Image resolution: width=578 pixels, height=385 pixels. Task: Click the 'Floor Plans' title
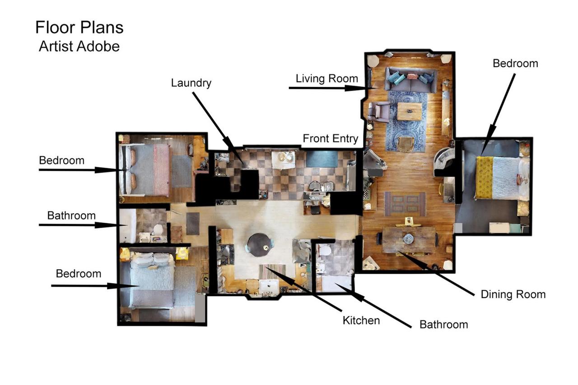tap(79, 27)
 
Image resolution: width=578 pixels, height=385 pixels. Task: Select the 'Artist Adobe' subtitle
tap(79, 46)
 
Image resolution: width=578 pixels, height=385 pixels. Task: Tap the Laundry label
tap(191, 83)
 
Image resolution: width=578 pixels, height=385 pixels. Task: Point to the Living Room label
tap(327, 78)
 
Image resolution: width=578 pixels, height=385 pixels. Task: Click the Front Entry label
tap(331, 138)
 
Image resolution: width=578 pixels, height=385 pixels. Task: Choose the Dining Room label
tap(513, 294)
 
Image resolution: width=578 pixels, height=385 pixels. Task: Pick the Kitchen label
tap(361, 321)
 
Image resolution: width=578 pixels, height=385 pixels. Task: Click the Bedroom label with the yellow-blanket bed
tap(515, 64)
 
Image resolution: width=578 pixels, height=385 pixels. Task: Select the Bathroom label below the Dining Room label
tap(444, 325)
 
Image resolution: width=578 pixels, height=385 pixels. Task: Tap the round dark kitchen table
tap(260, 244)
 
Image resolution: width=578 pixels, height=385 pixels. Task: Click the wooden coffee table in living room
tap(410, 111)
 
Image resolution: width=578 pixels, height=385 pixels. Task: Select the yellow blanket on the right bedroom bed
tap(484, 177)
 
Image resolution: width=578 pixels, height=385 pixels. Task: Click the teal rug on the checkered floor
tap(322, 159)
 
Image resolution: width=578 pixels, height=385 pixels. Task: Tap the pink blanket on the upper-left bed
tap(162, 170)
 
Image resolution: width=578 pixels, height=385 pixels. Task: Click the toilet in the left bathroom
tap(158, 229)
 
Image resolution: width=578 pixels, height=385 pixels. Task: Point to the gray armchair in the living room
tap(379, 112)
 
